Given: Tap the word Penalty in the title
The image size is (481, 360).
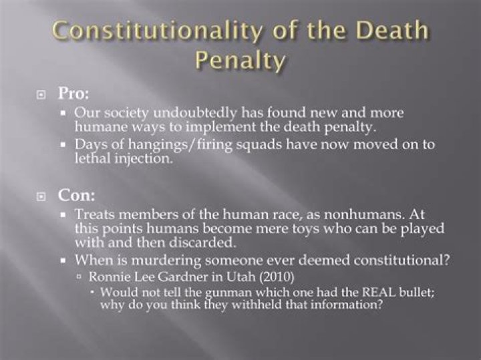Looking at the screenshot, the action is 240,60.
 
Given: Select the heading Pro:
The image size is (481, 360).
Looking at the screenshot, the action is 73,94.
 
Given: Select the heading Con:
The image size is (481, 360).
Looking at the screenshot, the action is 76,195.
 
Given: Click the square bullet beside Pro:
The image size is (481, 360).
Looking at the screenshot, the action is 41,95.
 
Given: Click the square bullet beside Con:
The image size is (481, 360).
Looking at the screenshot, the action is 41,196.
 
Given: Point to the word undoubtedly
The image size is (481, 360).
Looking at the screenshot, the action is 195,113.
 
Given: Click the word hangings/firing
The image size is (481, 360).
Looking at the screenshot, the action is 180,145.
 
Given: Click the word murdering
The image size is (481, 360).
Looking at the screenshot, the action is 166,260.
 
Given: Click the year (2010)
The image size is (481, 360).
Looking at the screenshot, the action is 277,277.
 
